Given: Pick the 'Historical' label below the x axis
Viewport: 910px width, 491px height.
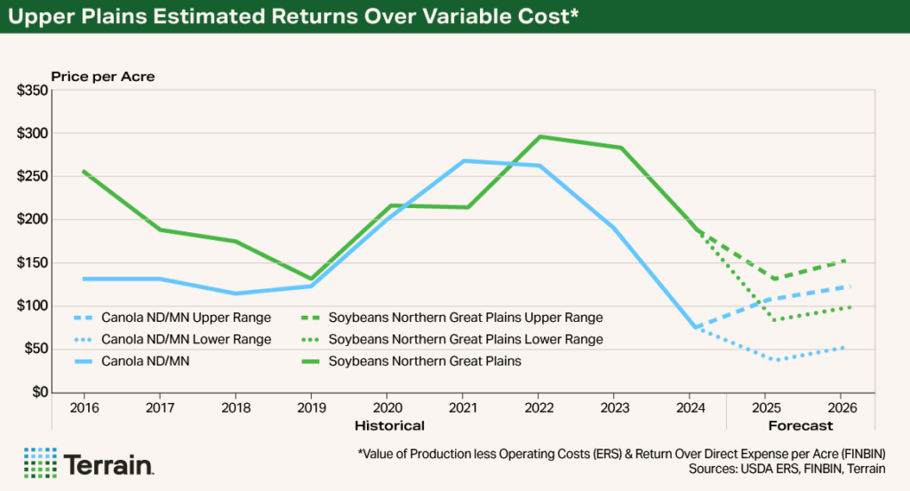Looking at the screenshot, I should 389,425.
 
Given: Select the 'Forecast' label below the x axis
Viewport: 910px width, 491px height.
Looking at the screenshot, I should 801,425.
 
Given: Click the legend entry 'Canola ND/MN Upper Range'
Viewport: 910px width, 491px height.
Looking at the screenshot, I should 186,317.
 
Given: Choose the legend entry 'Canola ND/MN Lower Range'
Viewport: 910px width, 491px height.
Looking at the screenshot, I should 186,339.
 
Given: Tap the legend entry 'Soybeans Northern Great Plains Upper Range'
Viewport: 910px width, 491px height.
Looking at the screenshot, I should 465,317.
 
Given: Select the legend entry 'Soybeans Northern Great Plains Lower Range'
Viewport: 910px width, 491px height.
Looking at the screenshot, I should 465,339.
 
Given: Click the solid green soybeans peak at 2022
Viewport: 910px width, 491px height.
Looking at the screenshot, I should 539,137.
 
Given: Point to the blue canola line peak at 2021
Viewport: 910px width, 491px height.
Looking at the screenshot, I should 463,161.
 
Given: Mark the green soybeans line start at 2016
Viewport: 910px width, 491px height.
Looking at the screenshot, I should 84,172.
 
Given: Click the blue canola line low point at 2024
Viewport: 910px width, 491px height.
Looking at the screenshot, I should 693,327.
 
